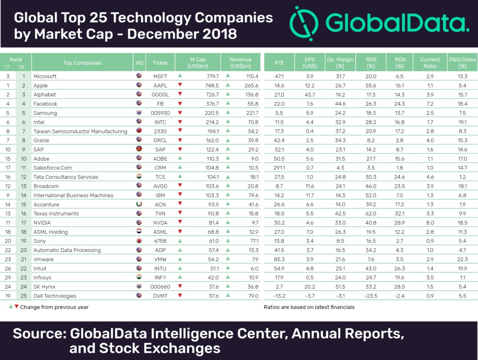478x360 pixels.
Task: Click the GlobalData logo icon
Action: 304,24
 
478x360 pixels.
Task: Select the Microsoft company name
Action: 45,76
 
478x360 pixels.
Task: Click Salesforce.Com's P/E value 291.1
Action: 280,168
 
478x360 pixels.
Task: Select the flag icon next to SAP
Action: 139,149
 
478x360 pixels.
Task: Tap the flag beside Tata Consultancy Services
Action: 139,177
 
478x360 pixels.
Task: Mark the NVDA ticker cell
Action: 160,223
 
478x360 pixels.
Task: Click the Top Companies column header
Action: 82,63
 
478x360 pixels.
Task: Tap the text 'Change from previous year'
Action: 55,307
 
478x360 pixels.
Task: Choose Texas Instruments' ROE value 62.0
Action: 371,213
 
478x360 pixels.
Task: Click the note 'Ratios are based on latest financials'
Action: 309,307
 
